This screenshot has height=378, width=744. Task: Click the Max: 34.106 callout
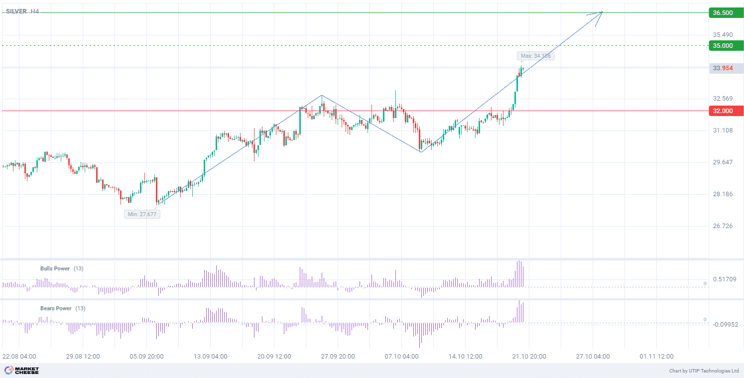point(536,56)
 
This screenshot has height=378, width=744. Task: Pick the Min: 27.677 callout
point(142,214)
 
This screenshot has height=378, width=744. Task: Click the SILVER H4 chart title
point(22,11)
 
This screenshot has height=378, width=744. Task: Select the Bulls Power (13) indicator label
point(62,268)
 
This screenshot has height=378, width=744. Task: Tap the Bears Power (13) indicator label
point(62,308)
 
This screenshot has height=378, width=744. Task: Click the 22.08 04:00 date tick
point(19,357)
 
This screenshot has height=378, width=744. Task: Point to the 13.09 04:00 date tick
point(211,357)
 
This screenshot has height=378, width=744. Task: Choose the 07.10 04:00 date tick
point(402,357)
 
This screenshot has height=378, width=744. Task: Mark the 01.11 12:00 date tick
point(656,357)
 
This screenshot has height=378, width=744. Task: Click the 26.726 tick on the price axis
point(723,226)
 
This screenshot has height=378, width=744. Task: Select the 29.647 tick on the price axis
point(723,162)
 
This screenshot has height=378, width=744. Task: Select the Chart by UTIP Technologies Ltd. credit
point(704,371)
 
